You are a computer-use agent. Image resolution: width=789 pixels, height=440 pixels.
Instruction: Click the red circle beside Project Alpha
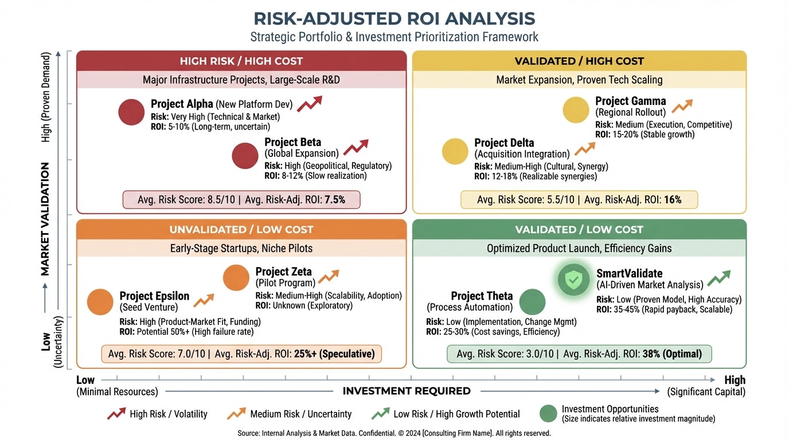coord(131,112)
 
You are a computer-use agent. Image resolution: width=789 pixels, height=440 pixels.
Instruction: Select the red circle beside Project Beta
coord(245,156)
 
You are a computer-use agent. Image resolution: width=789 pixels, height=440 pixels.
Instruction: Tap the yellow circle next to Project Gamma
coord(576,110)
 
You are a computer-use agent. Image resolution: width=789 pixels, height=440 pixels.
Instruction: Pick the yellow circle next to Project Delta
coord(455,152)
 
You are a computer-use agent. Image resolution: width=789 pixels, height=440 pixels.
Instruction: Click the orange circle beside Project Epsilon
coord(100,302)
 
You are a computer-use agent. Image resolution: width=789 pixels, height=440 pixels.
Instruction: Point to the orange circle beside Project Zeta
coord(236,278)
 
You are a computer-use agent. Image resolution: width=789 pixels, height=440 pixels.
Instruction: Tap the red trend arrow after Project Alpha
coord(310,104)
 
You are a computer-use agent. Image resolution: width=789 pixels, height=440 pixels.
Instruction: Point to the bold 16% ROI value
coord(673,199)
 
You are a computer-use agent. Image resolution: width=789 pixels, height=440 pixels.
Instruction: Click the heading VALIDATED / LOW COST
coord(579,230)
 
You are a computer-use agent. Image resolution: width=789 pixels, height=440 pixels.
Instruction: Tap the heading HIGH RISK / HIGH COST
coord(241,61)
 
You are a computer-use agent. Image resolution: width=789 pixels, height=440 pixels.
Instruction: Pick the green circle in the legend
coord(549,413)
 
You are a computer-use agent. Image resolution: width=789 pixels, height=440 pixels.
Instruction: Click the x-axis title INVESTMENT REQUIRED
coord(407,391)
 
